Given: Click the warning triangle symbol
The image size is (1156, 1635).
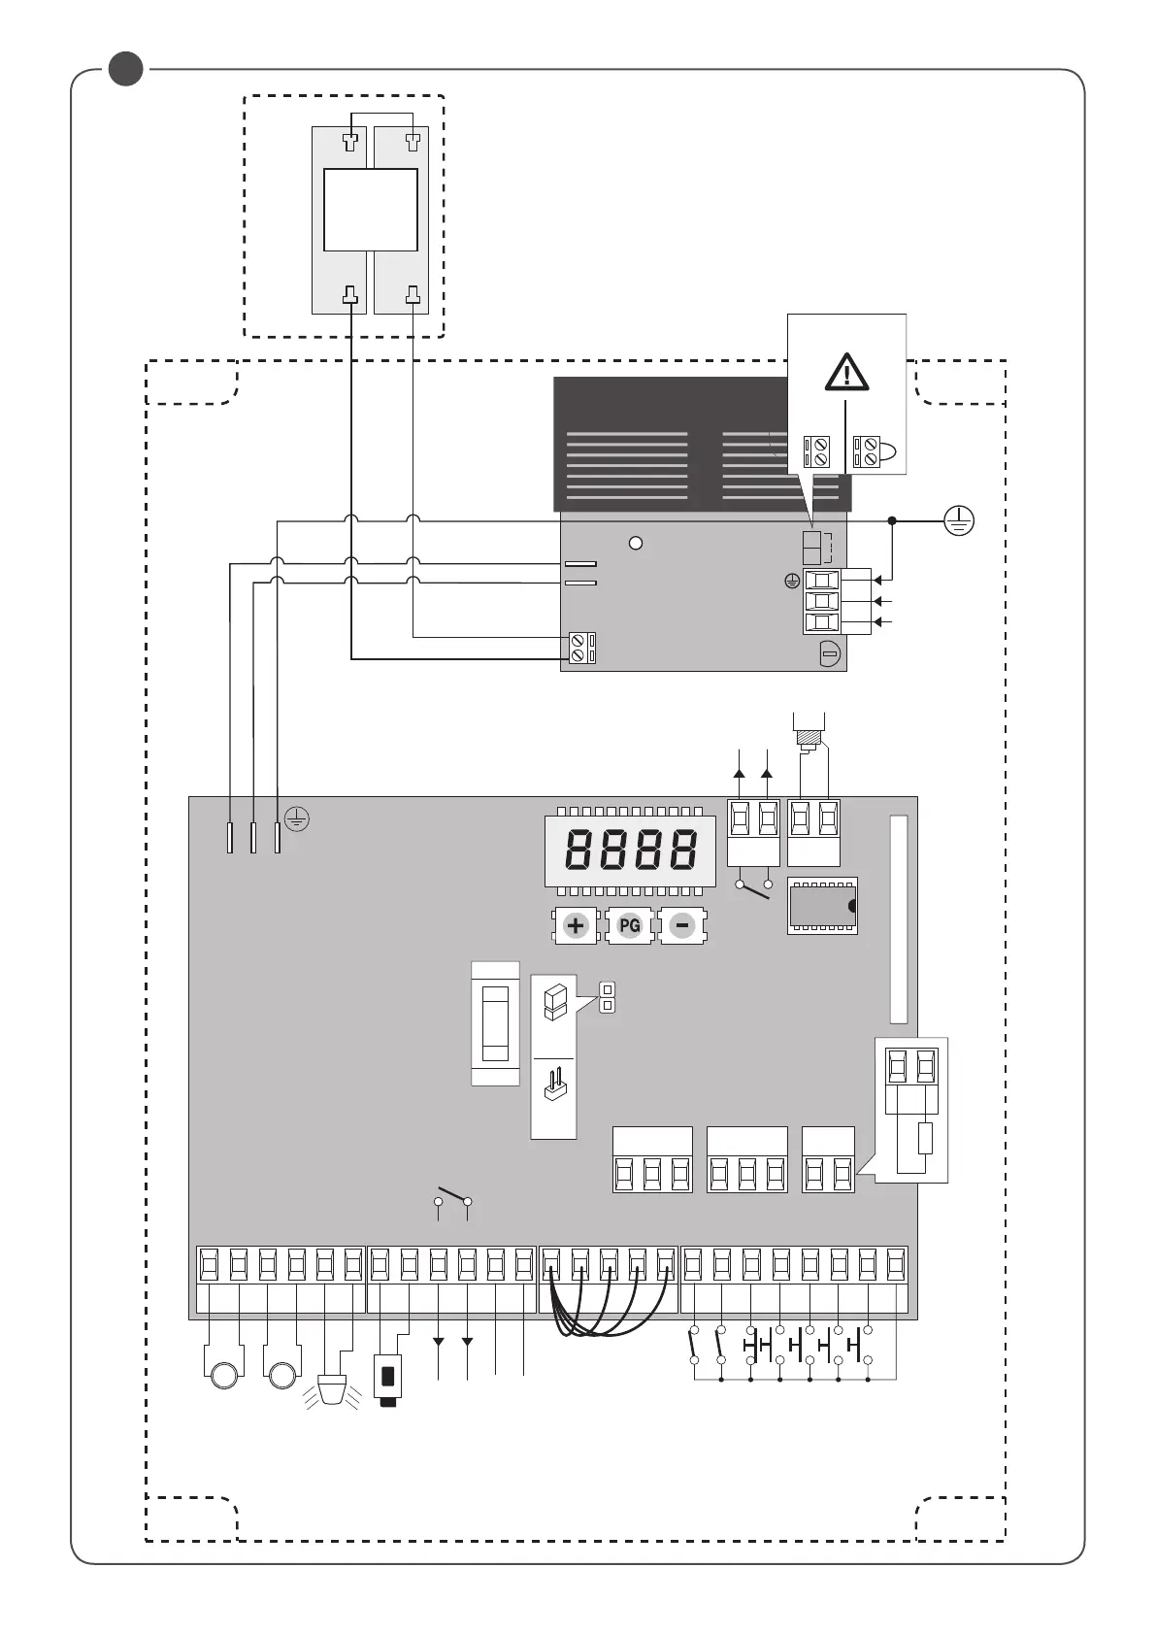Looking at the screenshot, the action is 846,372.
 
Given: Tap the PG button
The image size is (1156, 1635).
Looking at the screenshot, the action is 629,925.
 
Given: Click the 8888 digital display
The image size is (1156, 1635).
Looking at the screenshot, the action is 630,851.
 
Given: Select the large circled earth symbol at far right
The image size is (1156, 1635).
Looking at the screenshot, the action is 959,521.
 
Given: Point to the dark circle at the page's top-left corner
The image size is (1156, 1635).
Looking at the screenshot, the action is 125,69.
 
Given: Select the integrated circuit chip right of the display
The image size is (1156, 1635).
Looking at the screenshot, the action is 822,906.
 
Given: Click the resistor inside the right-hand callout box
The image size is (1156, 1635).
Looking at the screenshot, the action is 925,1138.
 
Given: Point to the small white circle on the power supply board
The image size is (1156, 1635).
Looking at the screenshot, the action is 636,543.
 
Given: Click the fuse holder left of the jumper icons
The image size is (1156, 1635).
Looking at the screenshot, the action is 495,1024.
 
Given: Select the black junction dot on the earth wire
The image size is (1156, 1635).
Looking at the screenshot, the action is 892,521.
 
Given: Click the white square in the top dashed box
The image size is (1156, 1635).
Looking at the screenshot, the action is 370,210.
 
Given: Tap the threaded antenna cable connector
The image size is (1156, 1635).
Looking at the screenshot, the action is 808,738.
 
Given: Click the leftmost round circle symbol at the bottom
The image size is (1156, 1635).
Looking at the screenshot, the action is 222,1375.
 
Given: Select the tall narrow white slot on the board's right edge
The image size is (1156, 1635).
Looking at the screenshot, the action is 899,918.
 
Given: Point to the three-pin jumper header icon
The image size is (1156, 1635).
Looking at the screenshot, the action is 554,1085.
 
